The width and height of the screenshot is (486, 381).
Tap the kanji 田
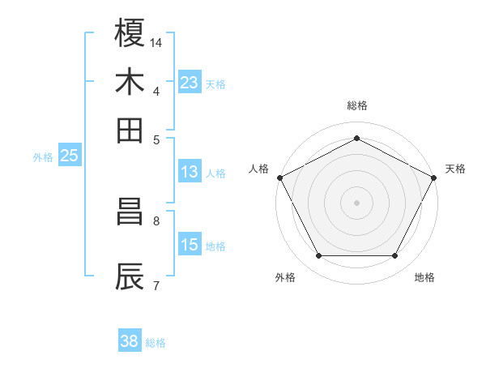(x=130, y=130)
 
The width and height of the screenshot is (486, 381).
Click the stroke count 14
(x=156, y=41)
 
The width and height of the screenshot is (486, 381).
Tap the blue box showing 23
(x=190, y=83)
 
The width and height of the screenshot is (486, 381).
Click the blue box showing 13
(x=190, y=172)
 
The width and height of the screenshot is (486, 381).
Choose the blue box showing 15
(x=190, y=245)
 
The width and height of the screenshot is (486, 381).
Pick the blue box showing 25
(x=69, y=156)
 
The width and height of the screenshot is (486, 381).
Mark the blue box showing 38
(x=129, y=341)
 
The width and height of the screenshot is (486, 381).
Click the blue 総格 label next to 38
(x=156, y=343)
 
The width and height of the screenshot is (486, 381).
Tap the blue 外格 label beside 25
(x=43, y=157)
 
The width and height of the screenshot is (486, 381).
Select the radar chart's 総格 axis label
(x=357, y=105)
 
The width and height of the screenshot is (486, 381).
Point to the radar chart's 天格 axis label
(x=455, y=169)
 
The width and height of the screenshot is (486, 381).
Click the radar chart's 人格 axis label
(x=259, y=169)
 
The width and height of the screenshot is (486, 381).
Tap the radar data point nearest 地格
(x=395, y=256)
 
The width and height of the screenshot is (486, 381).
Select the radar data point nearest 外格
(x=318, y=256)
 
